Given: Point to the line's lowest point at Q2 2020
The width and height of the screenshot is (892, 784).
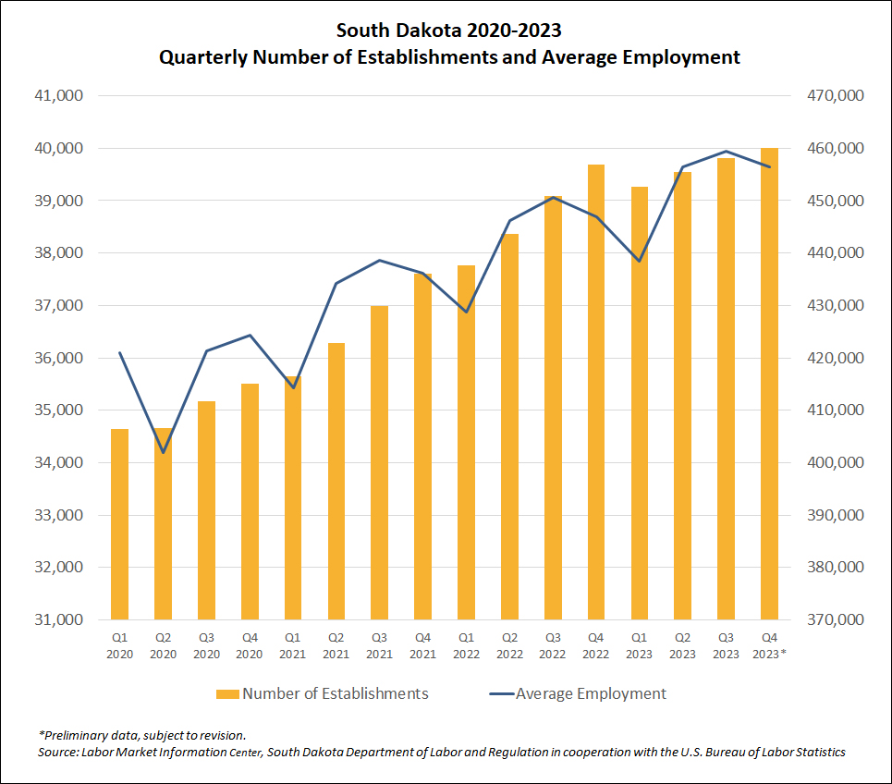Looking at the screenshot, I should coord(164,452).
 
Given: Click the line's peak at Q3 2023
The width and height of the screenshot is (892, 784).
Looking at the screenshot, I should coord(727,151).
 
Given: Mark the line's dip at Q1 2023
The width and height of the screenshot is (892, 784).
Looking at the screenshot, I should coord(640,261).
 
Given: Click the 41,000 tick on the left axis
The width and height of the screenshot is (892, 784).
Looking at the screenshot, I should coord(57,96).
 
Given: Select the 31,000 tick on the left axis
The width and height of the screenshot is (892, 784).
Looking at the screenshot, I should coord(57,619).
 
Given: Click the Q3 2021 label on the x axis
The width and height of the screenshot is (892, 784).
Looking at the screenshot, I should coord(380,645).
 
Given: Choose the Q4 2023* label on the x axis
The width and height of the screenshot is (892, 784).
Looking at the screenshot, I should coord(770,645).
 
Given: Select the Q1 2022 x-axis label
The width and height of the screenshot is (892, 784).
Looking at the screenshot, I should coord(467,645).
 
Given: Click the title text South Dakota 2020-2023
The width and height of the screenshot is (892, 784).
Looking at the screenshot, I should coord(448,31).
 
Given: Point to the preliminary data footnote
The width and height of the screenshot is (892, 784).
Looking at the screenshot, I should coord(142,735).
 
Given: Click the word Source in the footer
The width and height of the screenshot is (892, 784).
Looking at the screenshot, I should coord(58,752).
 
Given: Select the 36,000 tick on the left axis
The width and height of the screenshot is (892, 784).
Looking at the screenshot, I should coord(57,358).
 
